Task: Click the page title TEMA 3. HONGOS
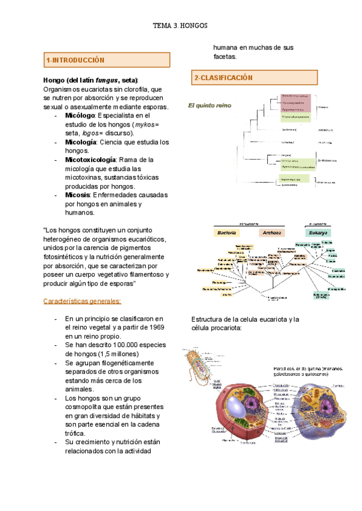point(180,27)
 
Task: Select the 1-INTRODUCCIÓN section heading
point(75,60)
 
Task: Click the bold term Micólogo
point(80,115)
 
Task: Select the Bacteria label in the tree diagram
point(226,233)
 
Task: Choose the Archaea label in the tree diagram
point(273,233)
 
